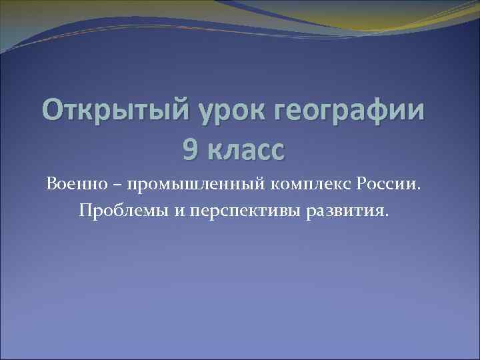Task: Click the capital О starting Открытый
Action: [x=53, y=109]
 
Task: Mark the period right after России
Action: [x=420, y=187]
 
